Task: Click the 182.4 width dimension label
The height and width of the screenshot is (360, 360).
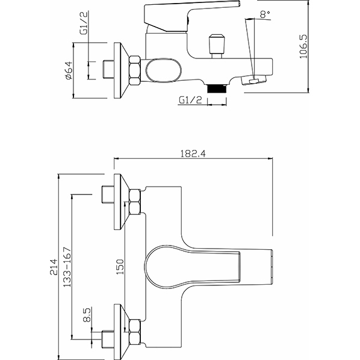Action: pyautogui.click(x=193, y=154)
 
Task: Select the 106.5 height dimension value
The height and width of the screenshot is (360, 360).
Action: pyautogui.click(x=303, y=46)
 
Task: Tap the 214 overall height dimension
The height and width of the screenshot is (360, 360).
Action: pyautogui.click(x=54, y=267)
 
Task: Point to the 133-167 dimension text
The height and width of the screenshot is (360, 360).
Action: pyautogui.click(x=67, y=267)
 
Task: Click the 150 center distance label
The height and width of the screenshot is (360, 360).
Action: pyautogui.click(x=120, y=267)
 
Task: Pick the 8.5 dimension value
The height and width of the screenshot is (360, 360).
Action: pyautogui.click(x=87, y=315)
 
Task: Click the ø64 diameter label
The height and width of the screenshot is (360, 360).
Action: pyautogui.click(x=69, y=70)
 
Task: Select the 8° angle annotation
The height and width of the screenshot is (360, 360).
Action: pyautogui.click(x=265, y=14)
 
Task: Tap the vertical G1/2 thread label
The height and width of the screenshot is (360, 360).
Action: pyautogui.click(x=84, y=23)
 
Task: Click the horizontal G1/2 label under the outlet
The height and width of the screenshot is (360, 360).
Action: pyautogui.click(x=190, y=100)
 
